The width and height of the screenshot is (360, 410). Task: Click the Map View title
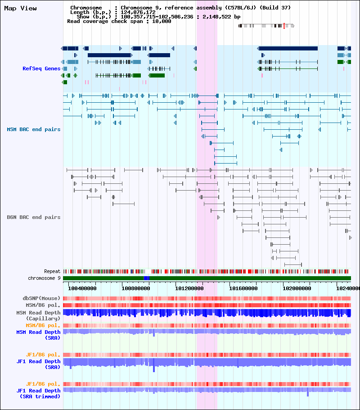[x=20, y=9]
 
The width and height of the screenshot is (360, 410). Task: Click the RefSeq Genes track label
[x=41, y=68]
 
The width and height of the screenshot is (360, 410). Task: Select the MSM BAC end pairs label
[x=33, y=129]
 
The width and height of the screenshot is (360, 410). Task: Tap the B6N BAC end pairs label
[x=33, y=217]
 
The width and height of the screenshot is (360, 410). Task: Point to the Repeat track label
[x=52, y=271]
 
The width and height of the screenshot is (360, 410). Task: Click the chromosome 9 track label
[x=44, y=278]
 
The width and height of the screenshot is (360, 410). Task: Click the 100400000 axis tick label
[x=82, y=288]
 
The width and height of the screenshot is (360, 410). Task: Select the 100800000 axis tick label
[x=135, y=288]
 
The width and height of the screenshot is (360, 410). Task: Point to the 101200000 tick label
[x=189, y=288]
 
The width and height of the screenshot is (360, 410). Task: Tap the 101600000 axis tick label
[x=243, y=288]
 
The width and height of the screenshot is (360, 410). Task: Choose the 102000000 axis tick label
[x=297, y=288]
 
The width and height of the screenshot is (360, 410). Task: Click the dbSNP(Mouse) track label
[x=41, y=298]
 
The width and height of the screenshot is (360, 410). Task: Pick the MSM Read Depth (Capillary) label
[x=38, y=315]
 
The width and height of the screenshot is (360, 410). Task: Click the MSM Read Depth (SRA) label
[x=38, y=335]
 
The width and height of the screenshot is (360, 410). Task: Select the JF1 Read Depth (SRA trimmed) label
[x=38, y=393]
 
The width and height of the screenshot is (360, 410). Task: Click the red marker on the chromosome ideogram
[x=284, y=26]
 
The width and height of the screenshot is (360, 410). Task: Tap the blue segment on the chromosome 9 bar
[x=147, y=278]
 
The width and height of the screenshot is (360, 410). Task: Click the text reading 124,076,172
[x=138, y=12]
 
